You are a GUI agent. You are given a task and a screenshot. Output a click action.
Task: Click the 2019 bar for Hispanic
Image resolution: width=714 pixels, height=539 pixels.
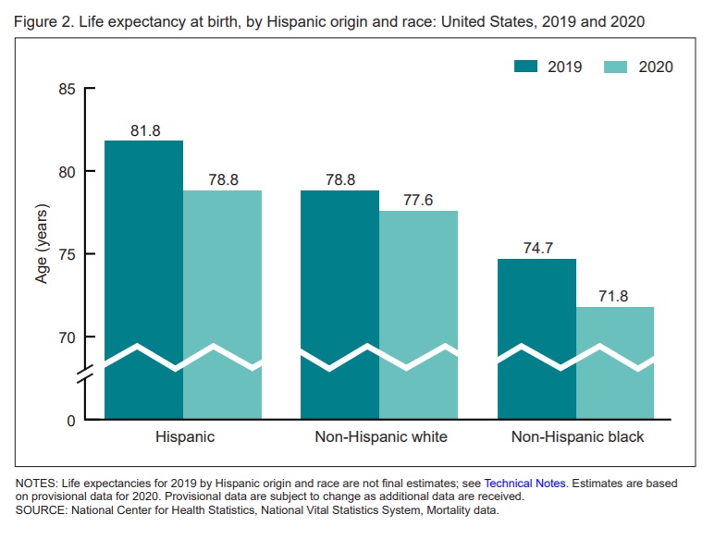tap(143, 277)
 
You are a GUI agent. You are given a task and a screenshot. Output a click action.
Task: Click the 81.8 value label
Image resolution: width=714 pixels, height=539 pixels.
tap(145, 131)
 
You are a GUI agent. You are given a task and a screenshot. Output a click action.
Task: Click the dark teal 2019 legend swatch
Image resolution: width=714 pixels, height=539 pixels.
tap(526, 67)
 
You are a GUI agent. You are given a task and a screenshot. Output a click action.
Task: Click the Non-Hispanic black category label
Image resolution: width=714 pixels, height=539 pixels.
tap(577, 437)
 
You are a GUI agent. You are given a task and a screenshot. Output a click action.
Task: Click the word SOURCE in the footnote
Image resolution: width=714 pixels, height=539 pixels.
tap(43, 509)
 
